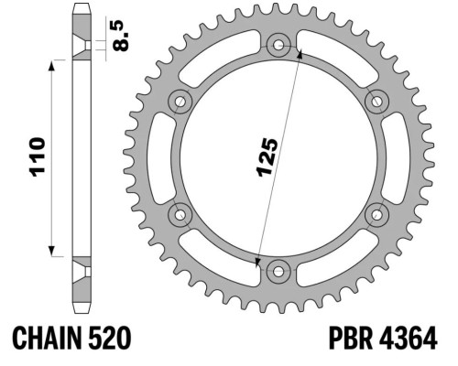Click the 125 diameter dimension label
(x=267, y=157)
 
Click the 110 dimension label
(x=37, y=157)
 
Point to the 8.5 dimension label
(x=121, y=36)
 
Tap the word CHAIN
(x=48, y=338)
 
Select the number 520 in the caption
(x=109, y=338)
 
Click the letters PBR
(x=351, y=338)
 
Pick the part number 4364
(x=409, y=338)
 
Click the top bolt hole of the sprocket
(x=278, y=46)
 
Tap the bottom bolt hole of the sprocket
(x=278, y=272)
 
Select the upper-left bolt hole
(x=180, y=102)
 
